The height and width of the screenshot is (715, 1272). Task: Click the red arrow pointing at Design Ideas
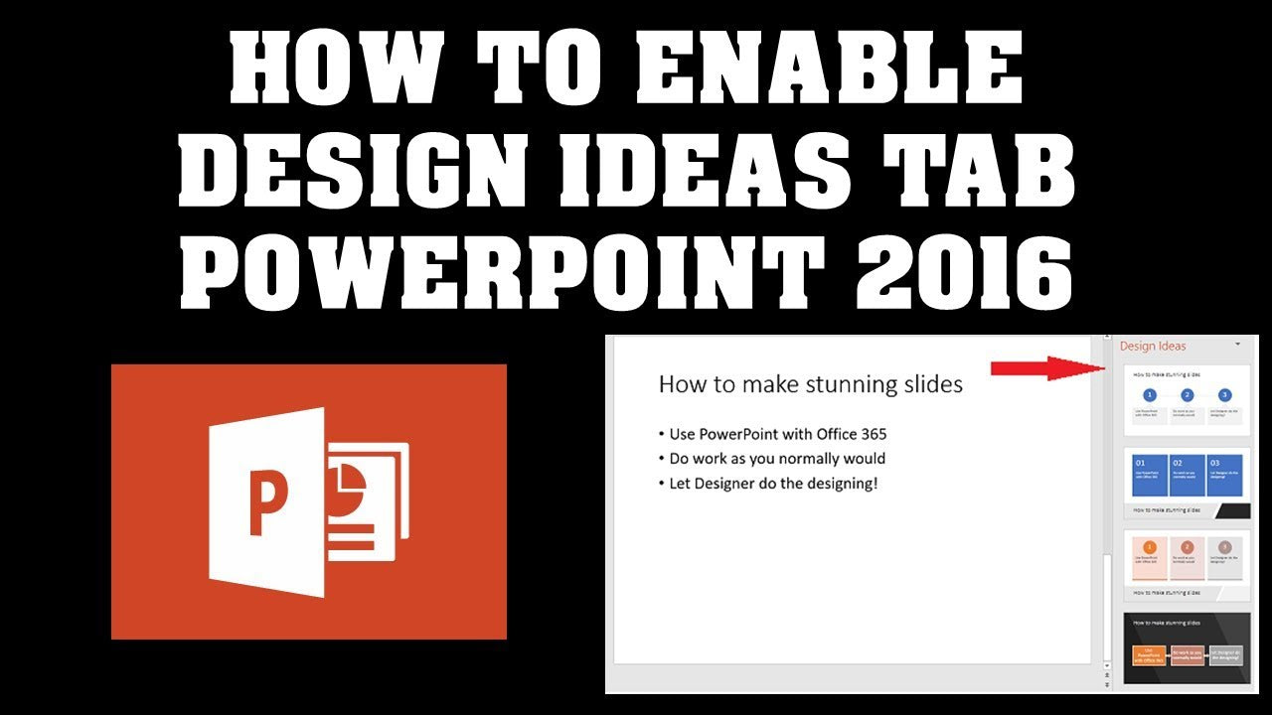tap(1048, 368)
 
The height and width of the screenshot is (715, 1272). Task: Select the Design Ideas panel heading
tap(1153, 346)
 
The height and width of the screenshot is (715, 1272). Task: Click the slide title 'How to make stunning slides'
tap(810, 384)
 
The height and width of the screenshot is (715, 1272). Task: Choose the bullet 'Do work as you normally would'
tap(776, 459)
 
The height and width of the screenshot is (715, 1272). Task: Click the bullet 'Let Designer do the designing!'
tap(772, 484)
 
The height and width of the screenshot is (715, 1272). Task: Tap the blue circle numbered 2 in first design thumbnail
tap(1187, 395)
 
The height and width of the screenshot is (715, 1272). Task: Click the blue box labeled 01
tap(1150, 475)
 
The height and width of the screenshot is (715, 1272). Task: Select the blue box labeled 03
tap(1224, 475)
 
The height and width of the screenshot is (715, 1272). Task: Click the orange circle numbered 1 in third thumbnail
tap(1150, 547)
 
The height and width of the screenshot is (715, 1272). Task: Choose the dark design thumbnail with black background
tap(1187, 648)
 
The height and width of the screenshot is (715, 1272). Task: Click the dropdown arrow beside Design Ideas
tap(1238, 344)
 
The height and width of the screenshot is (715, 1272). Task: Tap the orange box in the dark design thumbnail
tap(1150, 655)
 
